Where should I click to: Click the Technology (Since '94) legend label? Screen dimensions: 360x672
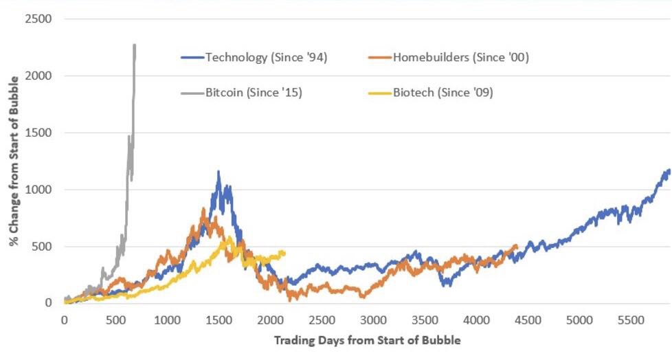[265, 57]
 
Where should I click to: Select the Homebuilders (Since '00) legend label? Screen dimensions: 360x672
[460, 57]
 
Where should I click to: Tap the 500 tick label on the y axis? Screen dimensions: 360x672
[43, 246]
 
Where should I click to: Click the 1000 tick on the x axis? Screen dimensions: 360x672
[167, 319]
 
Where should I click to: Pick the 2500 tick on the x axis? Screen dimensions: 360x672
[322, 319]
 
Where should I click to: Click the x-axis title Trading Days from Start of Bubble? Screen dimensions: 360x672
[367, 340]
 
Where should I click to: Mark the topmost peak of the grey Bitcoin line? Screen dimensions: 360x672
[135, 45]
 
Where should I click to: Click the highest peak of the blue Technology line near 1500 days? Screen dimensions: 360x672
[219, 171]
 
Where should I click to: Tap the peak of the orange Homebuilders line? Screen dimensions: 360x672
[203, 208]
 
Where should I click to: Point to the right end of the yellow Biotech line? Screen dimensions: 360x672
[284, 253]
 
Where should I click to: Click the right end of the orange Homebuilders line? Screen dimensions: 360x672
[517, 246]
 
